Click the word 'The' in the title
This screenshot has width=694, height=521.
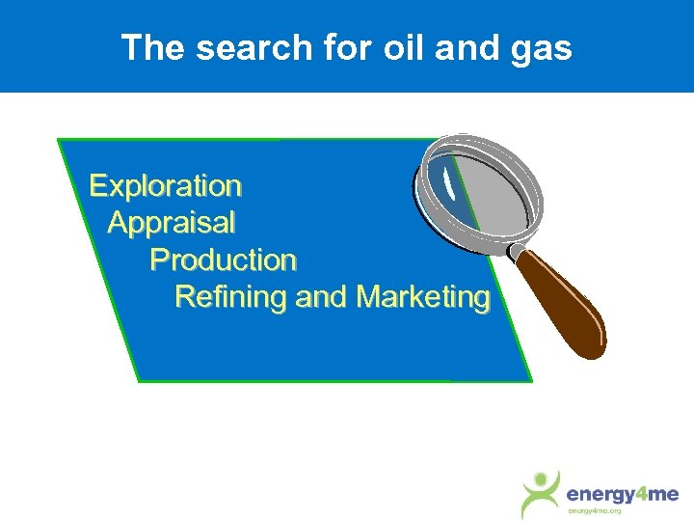point(153,47)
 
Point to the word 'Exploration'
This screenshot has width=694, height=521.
point(165,184)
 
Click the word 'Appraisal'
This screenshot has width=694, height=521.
point(171,223)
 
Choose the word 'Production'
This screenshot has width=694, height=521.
point(223,260)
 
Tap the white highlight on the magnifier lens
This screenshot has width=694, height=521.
point(448,178)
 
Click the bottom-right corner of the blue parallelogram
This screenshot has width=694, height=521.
point(531,381)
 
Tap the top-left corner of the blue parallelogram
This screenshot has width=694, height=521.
point(59,140)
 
